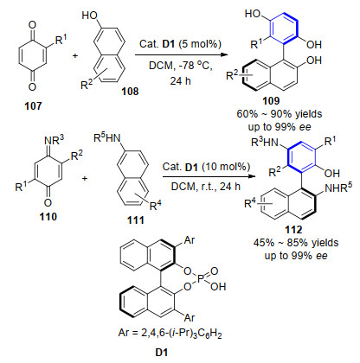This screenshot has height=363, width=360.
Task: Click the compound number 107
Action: click(33, 106)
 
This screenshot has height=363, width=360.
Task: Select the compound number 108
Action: click(130, 92)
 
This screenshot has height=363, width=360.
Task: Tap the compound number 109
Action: click(271, 100)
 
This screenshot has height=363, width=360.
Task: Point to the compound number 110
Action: click(48, 216)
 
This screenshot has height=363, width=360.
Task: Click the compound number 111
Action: click(136, 220)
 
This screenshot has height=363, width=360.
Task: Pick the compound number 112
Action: click(293, 230)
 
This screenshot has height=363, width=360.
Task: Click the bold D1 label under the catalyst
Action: click(162, 352)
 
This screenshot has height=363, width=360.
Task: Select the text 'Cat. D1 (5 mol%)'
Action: click(180, 44)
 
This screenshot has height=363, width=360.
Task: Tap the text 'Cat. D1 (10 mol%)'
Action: click(206, 167)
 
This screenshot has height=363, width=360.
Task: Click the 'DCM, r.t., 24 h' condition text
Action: click(206, 187)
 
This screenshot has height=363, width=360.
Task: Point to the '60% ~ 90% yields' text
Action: click(280, 114)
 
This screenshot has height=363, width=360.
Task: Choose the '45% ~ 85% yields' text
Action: click(296, 243)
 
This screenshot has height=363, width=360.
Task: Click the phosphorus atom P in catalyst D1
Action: click(201, 278)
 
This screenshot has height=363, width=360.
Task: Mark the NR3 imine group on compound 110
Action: click(54, 140)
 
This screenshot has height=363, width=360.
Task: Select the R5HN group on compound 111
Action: click(107, 138)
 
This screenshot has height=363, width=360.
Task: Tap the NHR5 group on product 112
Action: click(338, 188)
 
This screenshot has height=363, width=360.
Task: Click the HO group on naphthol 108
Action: click(90, 15)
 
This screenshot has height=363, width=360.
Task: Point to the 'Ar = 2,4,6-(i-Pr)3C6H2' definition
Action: click(170, 333)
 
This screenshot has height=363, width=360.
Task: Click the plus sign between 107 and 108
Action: click(75, 55)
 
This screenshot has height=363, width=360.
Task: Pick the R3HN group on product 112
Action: click(265, 142)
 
